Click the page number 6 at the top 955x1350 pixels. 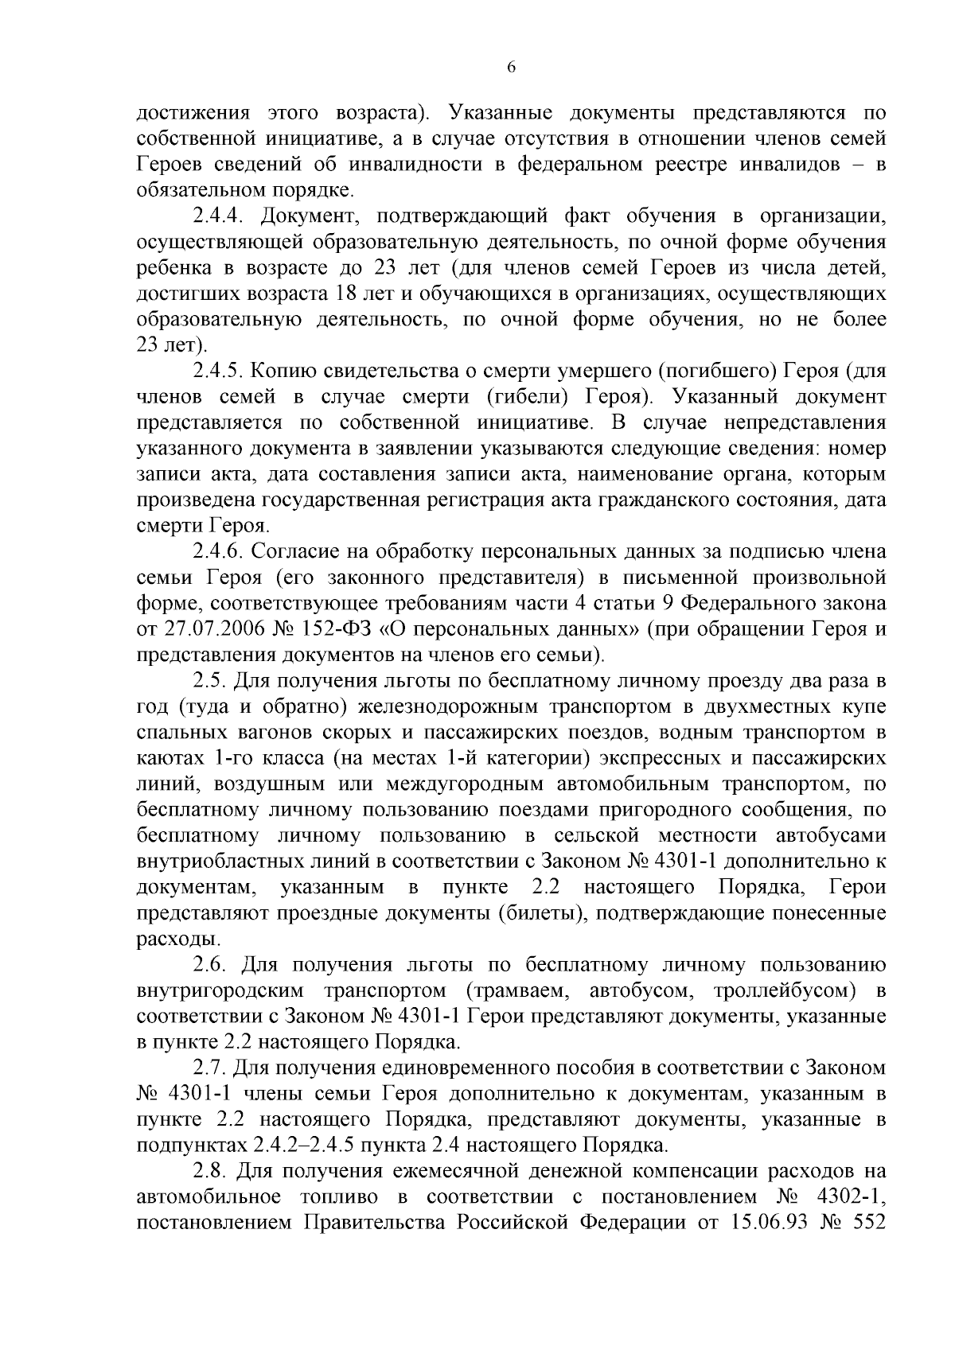pos(511,68)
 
